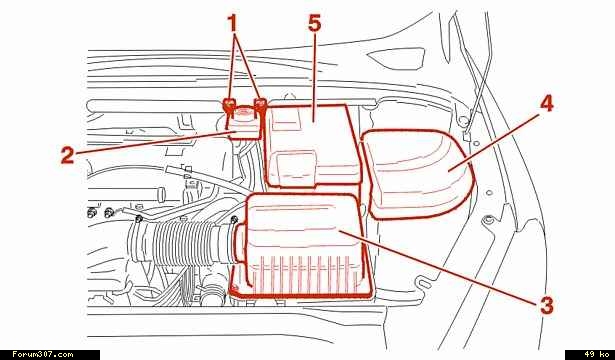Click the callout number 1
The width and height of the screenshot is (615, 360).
233,23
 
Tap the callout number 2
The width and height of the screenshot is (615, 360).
67,155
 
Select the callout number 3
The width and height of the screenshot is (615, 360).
546,305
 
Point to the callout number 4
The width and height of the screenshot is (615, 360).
546,104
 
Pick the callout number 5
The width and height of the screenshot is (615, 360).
314,24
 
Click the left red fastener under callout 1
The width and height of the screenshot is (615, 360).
229,105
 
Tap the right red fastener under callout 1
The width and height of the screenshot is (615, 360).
260,104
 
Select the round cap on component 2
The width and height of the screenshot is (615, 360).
244,114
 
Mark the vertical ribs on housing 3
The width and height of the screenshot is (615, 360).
301,274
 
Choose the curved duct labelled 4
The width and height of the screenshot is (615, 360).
418,174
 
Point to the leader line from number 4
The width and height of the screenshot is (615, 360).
494,141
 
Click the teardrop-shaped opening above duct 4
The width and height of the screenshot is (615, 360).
397,58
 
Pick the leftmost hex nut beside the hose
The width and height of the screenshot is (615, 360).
91,213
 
